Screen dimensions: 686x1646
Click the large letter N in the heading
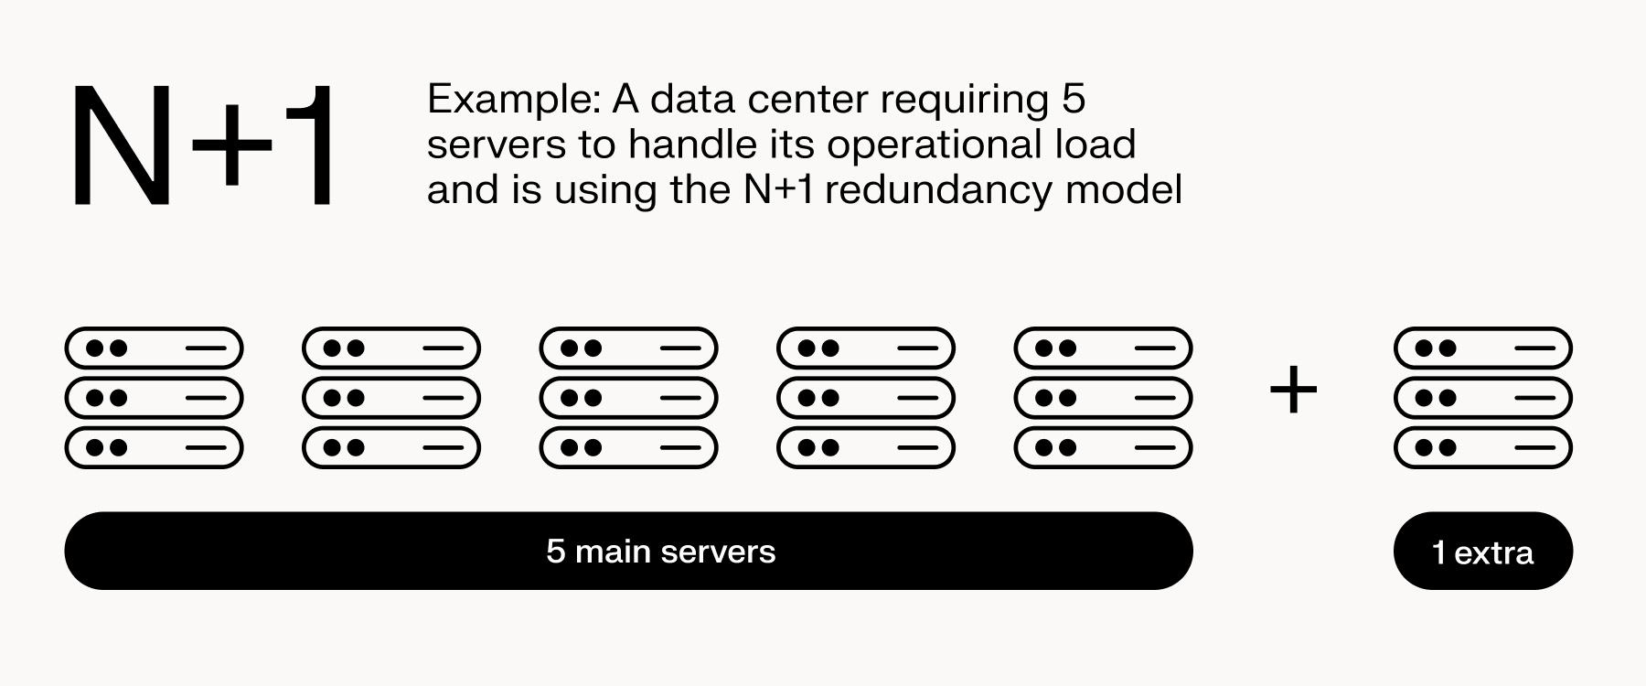[x=122, y=146]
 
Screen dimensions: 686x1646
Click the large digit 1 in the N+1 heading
[x=311, y=146]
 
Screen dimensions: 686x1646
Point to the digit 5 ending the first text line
[x=1074, y=99]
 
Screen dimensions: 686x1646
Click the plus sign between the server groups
[x=1293, y=391]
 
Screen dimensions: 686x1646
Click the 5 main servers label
[x=660, y=552]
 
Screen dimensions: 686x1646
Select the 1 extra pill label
[x=1482, y=552]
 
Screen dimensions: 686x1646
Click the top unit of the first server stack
[x=154, y=348]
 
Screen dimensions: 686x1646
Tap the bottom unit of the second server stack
[x=391, y=448]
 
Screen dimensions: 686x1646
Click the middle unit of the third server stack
[x=629, y=398]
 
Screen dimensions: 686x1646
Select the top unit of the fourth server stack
[x=866, y=348]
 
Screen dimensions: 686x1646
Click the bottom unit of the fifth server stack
[x=1104, y=448]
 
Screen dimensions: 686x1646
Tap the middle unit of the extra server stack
[x=1482, y=398]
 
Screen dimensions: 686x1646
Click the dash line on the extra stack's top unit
[x=1534, y=348]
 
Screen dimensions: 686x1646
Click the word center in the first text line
[x=808, y=99]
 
